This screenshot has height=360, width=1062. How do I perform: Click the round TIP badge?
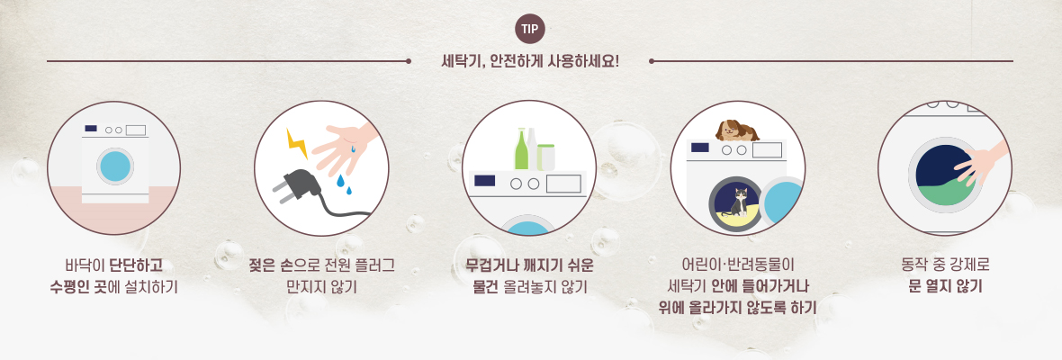(530, 29)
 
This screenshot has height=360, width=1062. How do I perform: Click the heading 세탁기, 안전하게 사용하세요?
(530, 62)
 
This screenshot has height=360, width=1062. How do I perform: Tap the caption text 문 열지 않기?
(945, 285)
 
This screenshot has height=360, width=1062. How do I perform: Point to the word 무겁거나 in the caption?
(483, 265)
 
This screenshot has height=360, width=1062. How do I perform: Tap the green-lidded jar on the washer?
(546, 157)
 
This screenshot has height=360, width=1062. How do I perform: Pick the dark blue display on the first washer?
(91, 128)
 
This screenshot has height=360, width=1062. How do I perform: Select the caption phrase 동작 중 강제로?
(946, 264)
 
